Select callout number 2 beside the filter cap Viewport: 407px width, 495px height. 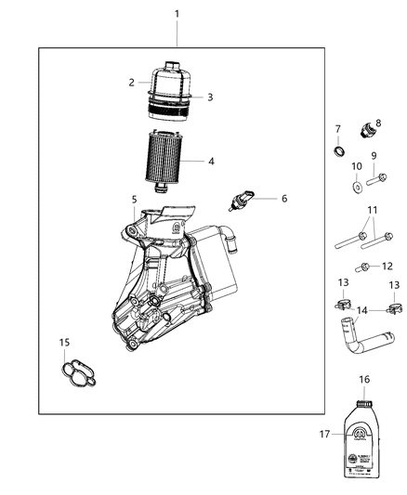pos(132,82)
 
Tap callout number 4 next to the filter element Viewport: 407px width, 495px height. pos(211,161)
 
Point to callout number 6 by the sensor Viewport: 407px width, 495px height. pos(284,198)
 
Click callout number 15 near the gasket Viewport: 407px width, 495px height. pos(64,343)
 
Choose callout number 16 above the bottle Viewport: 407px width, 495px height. pos(364,380)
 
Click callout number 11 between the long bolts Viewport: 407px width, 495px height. pos(373,210)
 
